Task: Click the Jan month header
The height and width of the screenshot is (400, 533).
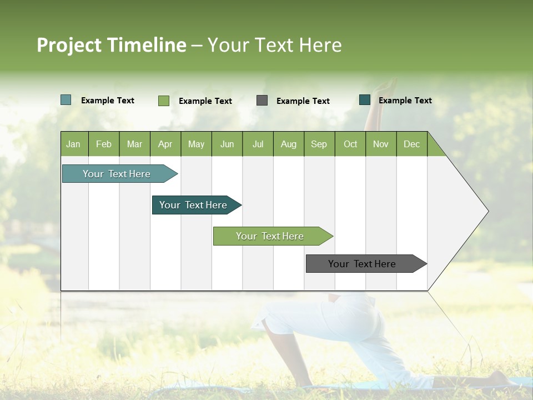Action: click(x=73, y=144)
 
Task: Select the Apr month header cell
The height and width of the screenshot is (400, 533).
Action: click(x=165, y=144)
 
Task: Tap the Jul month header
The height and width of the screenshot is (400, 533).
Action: click(x=258, y=144)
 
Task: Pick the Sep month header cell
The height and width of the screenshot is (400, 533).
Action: click(x=319, y=144)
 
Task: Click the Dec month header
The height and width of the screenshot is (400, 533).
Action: click(x=411, y=144)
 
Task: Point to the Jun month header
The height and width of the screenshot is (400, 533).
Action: click(x=227, y=144)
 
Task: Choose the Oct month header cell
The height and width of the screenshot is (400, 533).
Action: click(x=350, y=144)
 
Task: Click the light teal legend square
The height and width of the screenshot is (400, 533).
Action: click(x=66, y=100)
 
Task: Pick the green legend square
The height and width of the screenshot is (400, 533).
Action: click(x=164, y=101)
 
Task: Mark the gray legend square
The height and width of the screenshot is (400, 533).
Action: click(x=262, y=101)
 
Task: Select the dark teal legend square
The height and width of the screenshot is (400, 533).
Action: click(x=365, y=100)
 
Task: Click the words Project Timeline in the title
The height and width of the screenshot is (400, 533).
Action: click(x=112, y=45)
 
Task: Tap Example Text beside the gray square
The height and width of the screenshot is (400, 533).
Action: click(x=303, y=101)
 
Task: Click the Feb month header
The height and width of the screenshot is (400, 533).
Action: click(x=104, y=144)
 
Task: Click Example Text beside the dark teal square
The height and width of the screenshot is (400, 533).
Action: click(x=405, y=101)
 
